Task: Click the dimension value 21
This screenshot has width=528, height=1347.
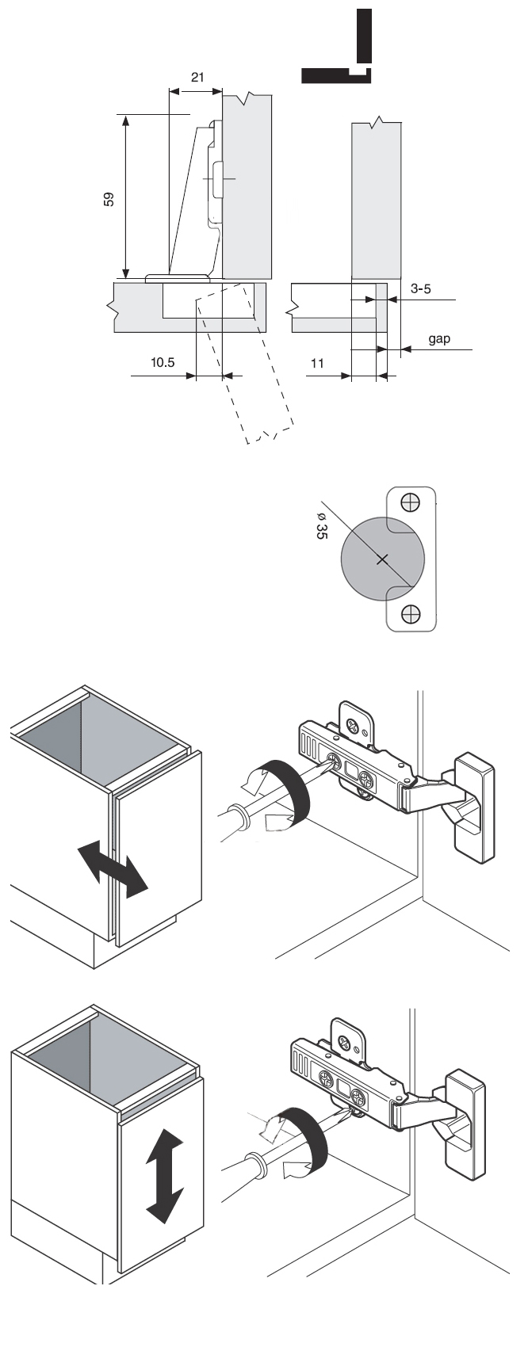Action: [x=197, y=77]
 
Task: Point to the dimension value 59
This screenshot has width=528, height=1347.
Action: [x=109, y=200]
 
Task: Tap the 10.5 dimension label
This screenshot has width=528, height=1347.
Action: [x=163, y=362]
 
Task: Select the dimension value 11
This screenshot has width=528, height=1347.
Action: [x=317, y=363]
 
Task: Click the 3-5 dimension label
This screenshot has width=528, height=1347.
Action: [x=420, y=288]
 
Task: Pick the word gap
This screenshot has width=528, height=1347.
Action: [x=439, y=339]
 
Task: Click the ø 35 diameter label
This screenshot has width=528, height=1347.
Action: [x=322, y=525]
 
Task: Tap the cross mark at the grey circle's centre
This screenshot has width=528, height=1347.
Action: [x=382, y=559]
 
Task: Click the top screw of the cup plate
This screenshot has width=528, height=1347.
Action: [x=411, y=501]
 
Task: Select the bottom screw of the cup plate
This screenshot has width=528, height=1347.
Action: [x=411, y=614]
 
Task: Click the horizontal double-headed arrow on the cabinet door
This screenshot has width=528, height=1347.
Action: [x=113, y=869]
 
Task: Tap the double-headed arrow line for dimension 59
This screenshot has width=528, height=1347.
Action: [x=126, y=196]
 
